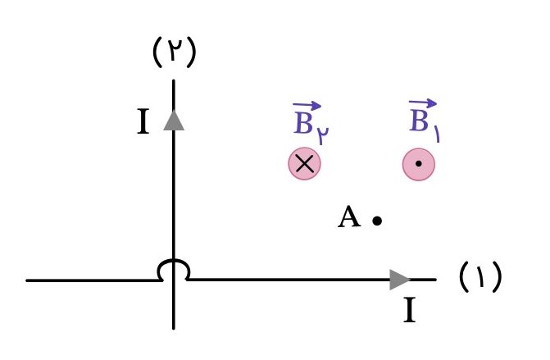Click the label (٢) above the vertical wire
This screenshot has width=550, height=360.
click(x=175, y=52)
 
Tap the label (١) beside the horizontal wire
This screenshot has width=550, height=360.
click(x=480, y=276)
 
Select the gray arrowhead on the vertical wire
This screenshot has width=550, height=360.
click(x=174, y=121)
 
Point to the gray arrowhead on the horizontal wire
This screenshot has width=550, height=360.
click(x=400, y=280)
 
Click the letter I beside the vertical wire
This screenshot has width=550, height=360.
click(x=143, y=121)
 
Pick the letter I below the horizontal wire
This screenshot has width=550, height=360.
click(x=410, y=310)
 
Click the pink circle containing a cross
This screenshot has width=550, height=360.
click(x=304, y=164)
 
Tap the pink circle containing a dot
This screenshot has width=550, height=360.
click(x=419, y=164)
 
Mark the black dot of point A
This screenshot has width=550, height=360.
click(x=377, y=221)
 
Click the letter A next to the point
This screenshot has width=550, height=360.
click(x=349, y=217)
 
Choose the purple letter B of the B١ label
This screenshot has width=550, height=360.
click(x=419, y=121)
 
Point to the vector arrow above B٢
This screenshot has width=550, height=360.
click(x=307, y=105)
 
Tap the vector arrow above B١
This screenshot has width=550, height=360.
click(x=423, y=103)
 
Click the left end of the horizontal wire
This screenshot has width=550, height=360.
click(x=27, y=280)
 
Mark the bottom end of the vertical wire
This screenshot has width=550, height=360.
click(x=174, y=328)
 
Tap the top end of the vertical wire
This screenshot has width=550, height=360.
click(x=174, y=81)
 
